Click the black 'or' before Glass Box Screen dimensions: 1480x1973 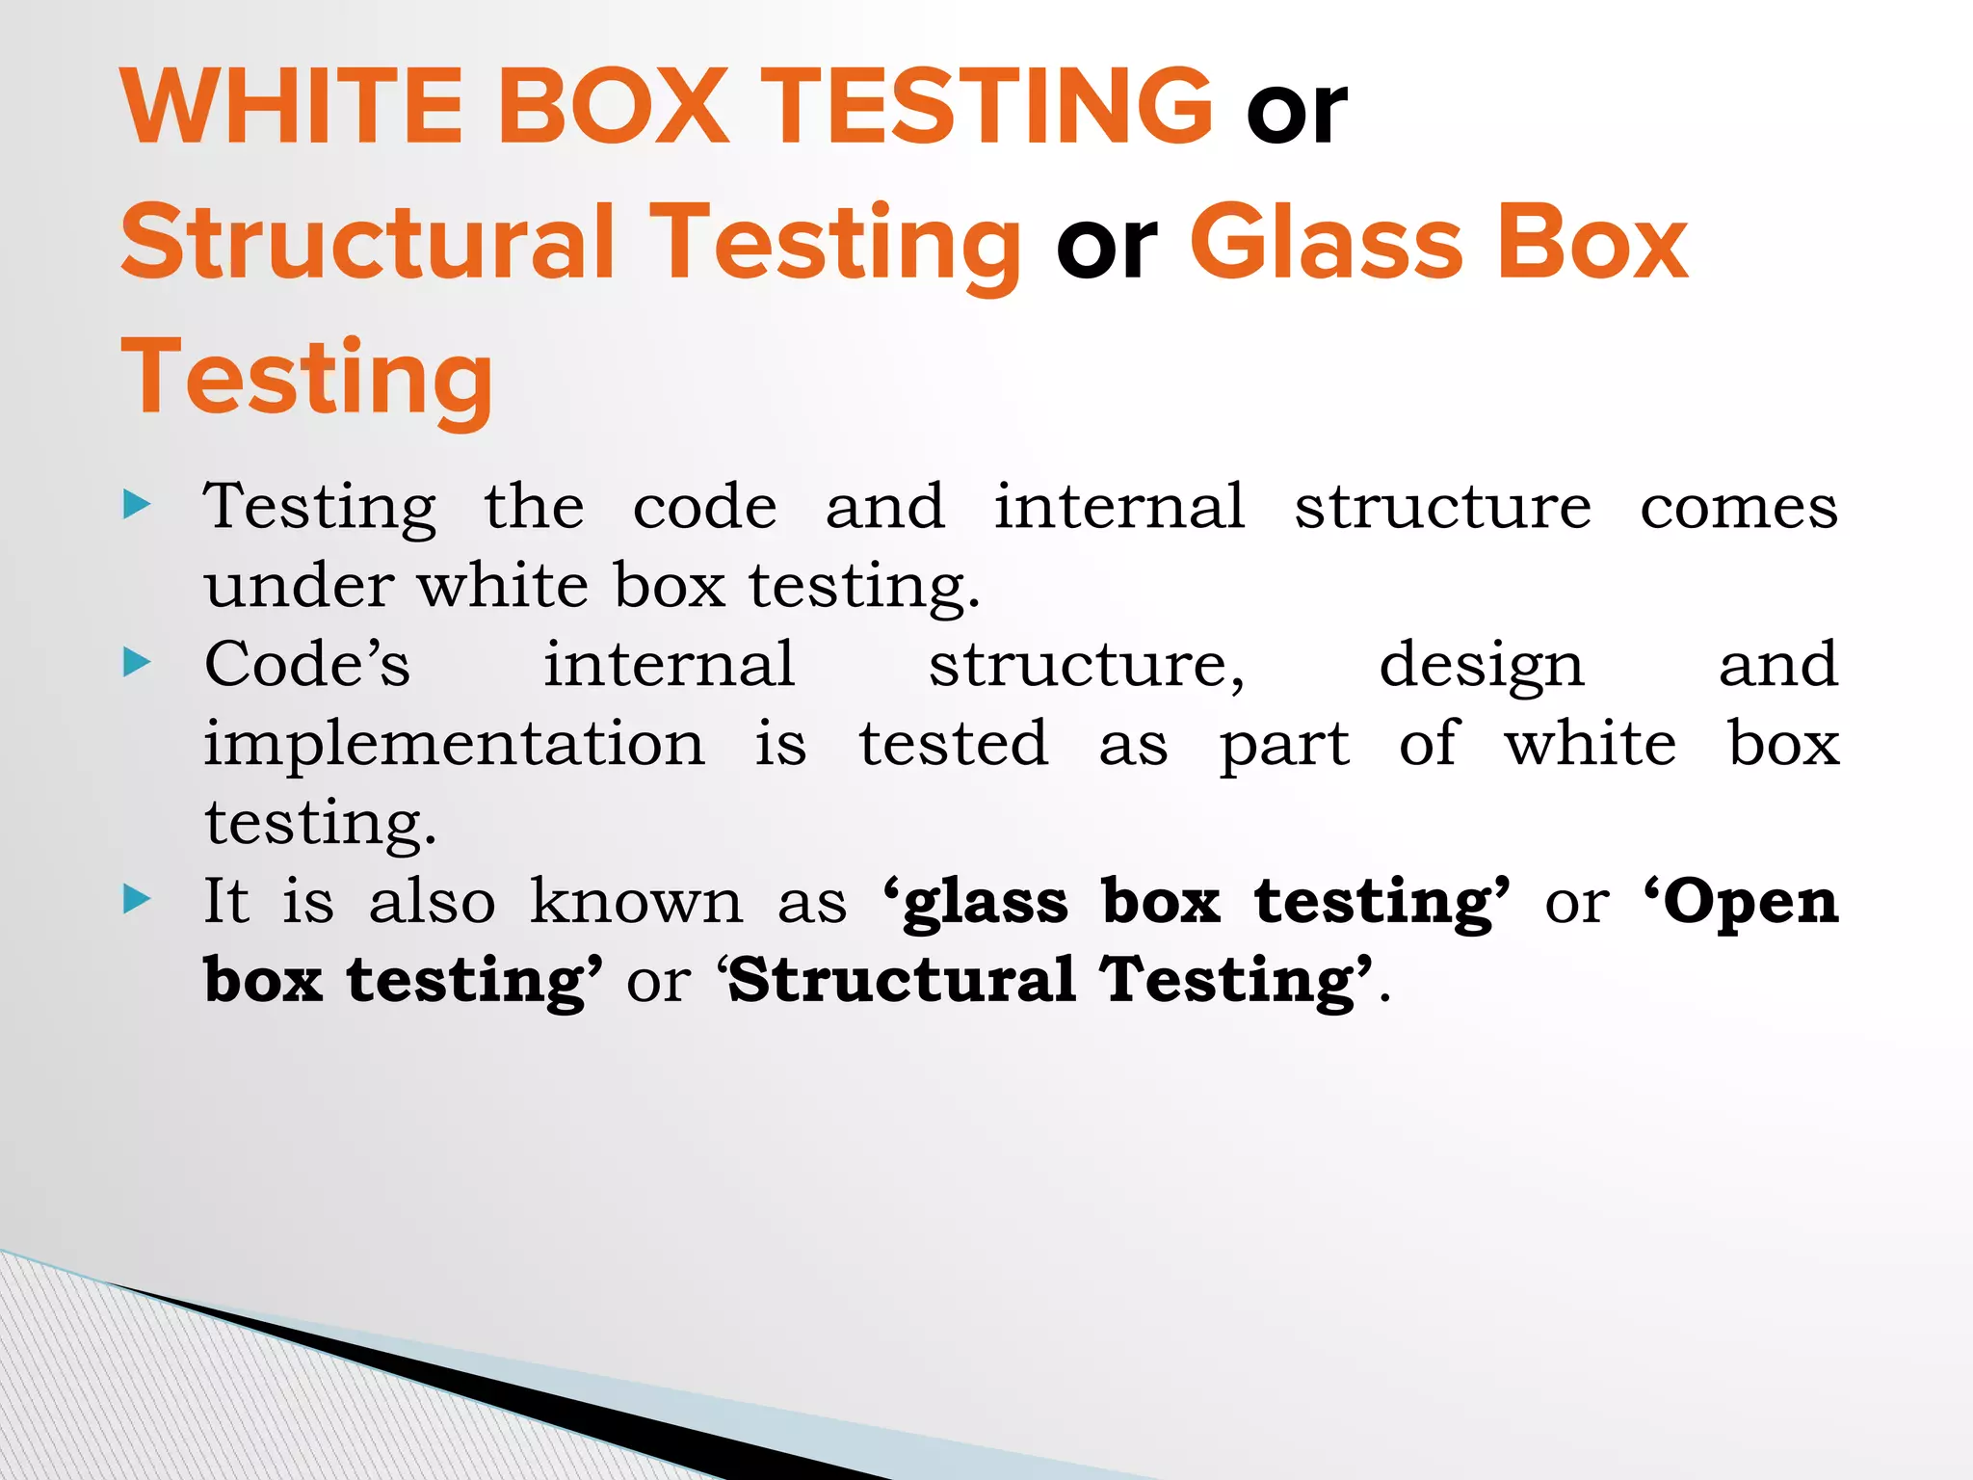[x=1106, y=248]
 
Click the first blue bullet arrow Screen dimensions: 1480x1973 [x=138, y=504]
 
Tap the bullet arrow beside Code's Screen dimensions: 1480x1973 [x=138, y=662]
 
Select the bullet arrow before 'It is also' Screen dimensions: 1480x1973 [x=138, y=899]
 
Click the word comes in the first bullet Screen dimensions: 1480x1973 [x=1739, y=508]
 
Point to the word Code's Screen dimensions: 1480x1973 [x=307, y=665]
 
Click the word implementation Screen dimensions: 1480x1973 [x=454, y=745]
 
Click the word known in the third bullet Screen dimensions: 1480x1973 [x=637, y=902]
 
